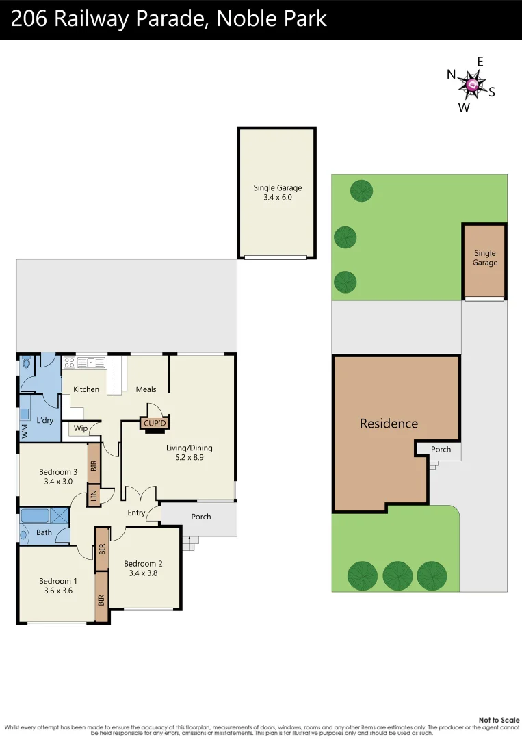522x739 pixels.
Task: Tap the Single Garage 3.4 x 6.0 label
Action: pos(277,192)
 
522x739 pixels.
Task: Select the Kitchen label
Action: pos(86,389)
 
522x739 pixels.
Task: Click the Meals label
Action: pos(146,389)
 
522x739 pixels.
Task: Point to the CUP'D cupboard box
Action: pos(155,424)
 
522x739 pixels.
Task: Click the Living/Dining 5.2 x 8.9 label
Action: pos(190,453)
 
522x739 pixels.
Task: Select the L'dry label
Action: pos(44,420)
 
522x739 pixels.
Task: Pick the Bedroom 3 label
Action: pos(57,476)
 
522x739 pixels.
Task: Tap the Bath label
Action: pos(44,532)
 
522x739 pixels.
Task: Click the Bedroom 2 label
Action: pos(143,569)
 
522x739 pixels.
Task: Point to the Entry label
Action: pos(136,513)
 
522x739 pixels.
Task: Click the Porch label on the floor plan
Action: pos(200,517)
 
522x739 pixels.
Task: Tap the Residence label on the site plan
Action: pos(389,424)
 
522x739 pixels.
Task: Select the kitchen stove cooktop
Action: pos(69,363)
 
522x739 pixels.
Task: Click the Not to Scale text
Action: pos(499,720)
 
